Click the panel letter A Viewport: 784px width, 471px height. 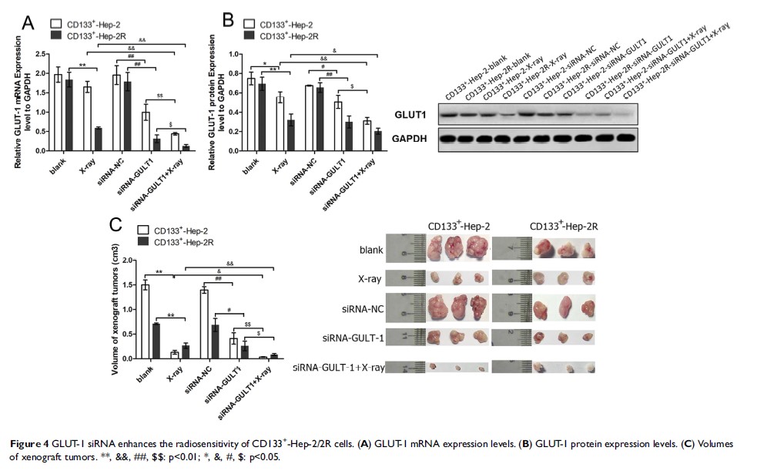(x=27, y=22)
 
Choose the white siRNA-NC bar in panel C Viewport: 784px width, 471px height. (x=205, y=324)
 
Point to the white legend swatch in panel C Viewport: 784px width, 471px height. (x=143, y=230)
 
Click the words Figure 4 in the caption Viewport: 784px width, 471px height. (x=28, y=445)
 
